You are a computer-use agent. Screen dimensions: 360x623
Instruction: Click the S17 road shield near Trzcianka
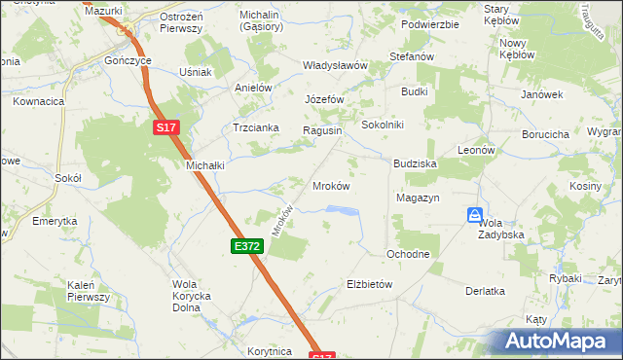(166, 127)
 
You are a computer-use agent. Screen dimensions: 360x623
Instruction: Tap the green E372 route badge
(246, 247)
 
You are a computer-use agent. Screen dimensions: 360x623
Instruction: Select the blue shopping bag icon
(474, 215)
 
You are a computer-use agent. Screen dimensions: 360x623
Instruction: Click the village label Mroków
(330, 185)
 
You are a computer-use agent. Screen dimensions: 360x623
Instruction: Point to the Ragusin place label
(322, 130)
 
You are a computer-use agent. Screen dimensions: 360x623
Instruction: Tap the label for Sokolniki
(383, 125)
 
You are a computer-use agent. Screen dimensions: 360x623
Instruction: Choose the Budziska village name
(415, 164)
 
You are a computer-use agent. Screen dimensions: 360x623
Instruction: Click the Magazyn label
(419, 198)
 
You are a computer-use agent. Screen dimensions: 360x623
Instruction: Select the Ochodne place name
(408, 254)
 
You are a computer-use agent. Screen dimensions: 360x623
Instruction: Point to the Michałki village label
(205, 165)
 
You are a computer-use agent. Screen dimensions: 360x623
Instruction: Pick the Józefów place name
(325, 100)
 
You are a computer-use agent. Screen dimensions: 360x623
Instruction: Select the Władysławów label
(334, 65)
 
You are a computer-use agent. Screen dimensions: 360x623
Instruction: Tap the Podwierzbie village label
(429, 24)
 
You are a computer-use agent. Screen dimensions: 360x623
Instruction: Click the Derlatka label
(485, 291)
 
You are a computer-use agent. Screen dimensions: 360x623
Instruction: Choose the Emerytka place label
(55, 221)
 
